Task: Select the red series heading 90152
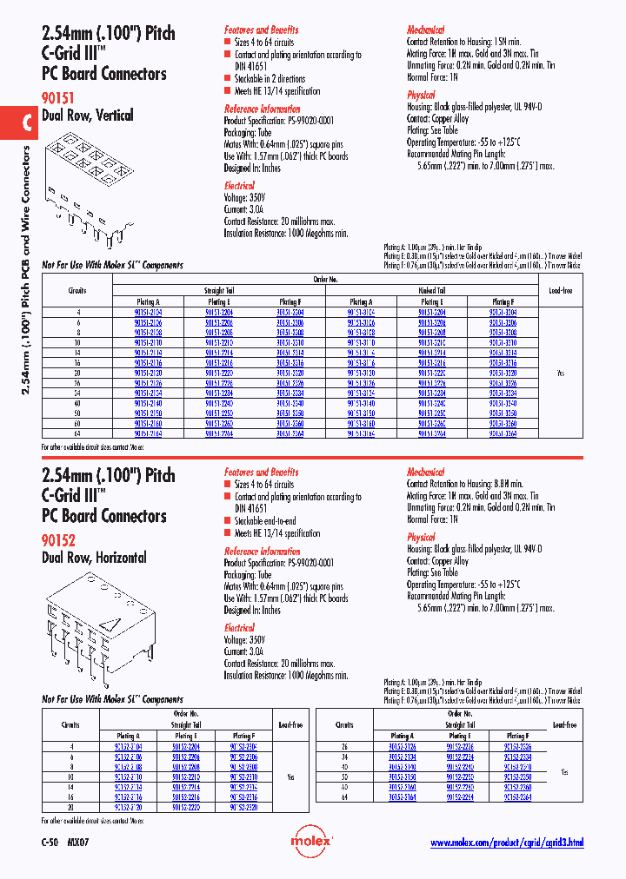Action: (59, 539)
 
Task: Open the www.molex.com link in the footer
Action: (506, 843)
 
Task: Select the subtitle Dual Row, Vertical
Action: (88, 116)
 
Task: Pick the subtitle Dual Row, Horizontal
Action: (94, 558)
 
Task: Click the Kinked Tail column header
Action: (432, 291)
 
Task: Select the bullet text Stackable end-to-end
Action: (276, 521)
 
